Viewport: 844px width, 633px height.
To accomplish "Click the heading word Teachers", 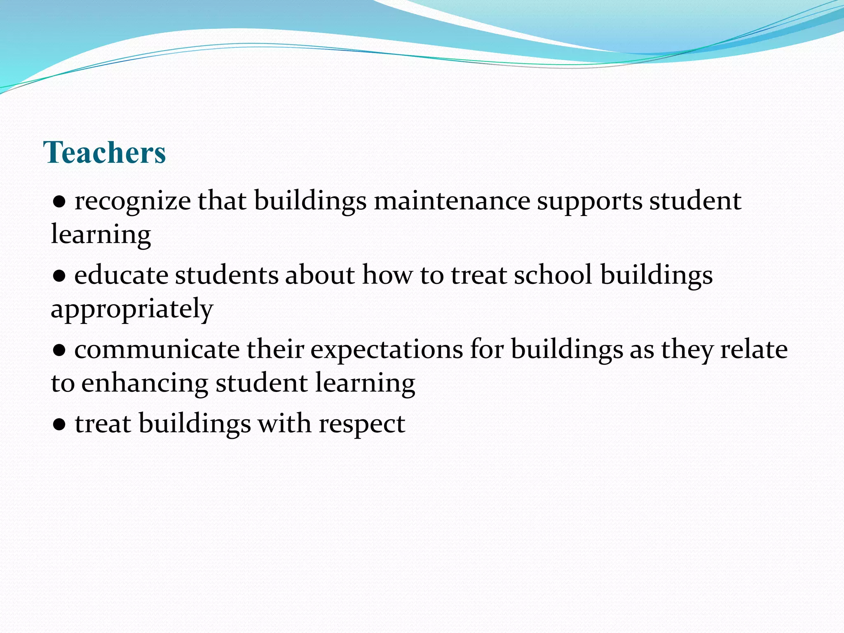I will pos(104,152).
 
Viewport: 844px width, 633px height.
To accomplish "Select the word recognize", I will pos(132,202).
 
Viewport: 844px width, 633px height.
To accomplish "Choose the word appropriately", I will pos(132,309).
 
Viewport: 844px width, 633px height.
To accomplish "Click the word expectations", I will pos(387,350).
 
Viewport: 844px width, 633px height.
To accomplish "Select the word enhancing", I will pos(145,384).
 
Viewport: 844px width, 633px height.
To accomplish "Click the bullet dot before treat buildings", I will pos(59,425).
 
